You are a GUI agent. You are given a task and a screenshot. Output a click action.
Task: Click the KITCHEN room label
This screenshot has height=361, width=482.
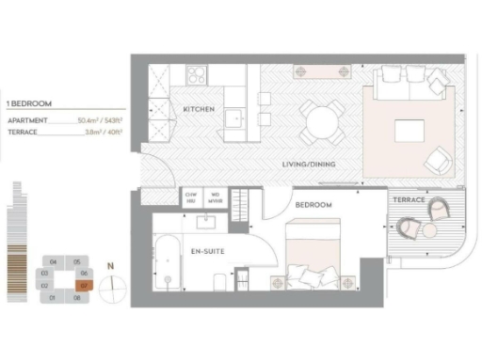(x=200, y=110)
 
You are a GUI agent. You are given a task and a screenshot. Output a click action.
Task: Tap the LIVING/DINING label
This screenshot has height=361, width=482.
(x=310, y=165)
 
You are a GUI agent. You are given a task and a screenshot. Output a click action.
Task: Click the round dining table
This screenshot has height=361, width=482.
(x=320, y=121)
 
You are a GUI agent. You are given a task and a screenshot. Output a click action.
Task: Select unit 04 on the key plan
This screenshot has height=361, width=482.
(x=53, y=260)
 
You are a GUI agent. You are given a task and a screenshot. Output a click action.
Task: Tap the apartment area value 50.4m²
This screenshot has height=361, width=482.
(x=91, y=122)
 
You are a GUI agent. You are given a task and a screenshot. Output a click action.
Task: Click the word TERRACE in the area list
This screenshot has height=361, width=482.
(x=23, y=133)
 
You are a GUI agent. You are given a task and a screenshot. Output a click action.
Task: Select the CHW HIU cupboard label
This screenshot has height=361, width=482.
(x=191, y=197)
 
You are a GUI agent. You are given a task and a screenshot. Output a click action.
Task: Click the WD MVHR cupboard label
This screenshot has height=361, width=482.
(x=215, y=197)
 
